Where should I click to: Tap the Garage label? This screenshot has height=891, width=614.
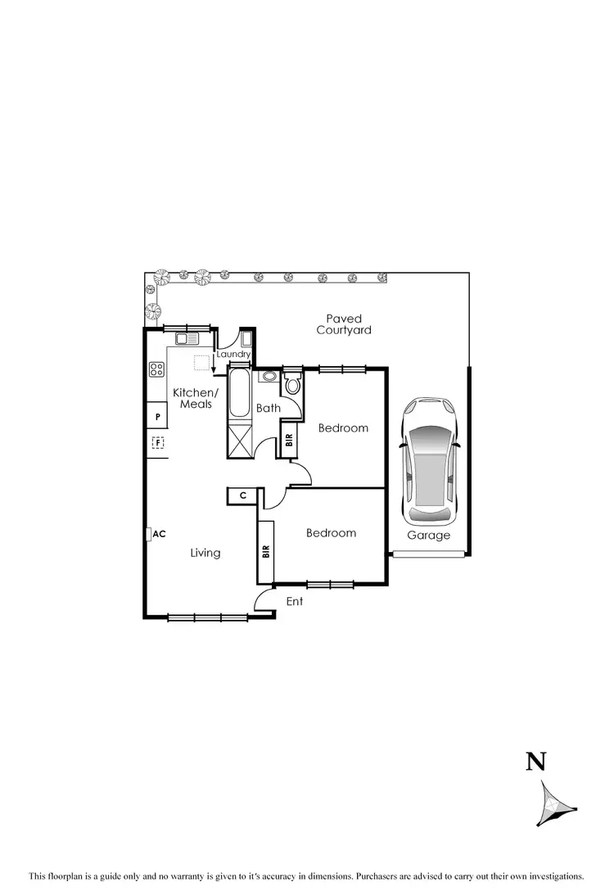(429, 536)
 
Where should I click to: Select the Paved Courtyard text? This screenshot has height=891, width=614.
(344, 324)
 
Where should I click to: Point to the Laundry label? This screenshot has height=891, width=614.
(233, 355)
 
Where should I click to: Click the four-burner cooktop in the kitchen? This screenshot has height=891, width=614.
(156, 369)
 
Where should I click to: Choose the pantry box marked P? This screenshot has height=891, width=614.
(157, 417)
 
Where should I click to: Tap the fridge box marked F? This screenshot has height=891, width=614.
(158, 443)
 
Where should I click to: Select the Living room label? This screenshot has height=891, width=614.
(205, 553)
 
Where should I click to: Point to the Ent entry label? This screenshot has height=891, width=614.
(295, 601)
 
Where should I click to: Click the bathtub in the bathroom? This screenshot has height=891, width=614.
(240, 395)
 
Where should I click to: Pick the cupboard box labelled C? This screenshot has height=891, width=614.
(243, 495)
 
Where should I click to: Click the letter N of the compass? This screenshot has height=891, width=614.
(535, 762)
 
